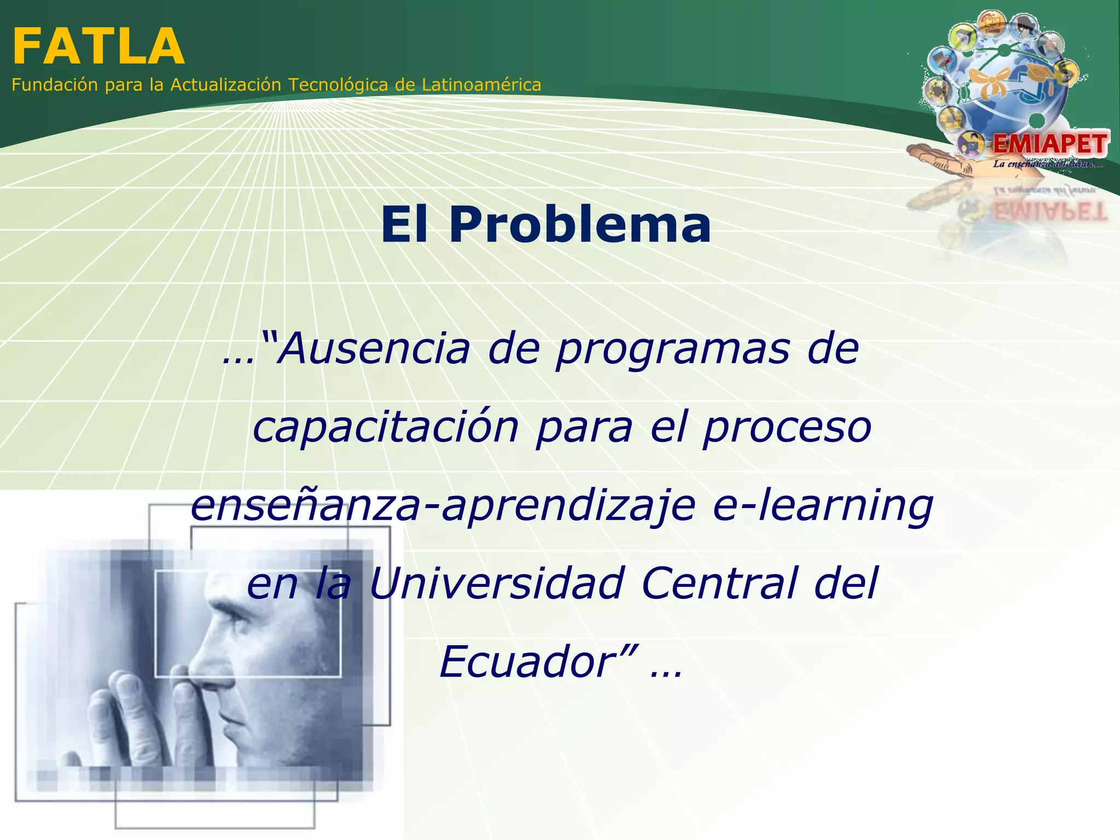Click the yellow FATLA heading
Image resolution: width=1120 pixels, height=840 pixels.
[98, 47]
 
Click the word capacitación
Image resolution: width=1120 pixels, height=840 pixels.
[386, 428]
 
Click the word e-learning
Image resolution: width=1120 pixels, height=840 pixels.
[823, 506]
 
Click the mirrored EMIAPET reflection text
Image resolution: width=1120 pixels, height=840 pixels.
[1050, 211]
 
